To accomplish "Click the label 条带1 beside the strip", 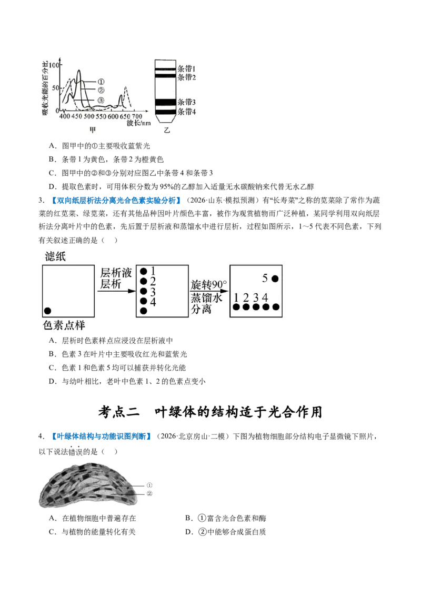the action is tap(186, 69).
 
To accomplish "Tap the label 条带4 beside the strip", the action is tap(186, 112).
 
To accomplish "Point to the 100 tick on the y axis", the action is tap(54, 65).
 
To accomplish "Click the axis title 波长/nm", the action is tap(139, 123).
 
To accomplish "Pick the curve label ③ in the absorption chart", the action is tap(101, 100).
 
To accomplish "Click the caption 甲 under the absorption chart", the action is tap(93, 130).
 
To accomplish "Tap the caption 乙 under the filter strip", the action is tap(167, 130).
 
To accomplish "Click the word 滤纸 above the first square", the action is tap(55, 256).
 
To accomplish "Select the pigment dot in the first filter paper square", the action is tap(47, 311).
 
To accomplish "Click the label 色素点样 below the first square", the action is tap(64, 325).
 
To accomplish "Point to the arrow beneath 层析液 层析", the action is tap(116, 291).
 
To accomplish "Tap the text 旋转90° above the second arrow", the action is tap(208, 285).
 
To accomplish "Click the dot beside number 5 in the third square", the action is tap(275, 279).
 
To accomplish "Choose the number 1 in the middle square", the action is tap(153, 271).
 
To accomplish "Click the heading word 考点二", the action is tap(119, 412).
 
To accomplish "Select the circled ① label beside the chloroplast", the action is tap(149, 485).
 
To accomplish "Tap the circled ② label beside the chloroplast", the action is tap(149, 493).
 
